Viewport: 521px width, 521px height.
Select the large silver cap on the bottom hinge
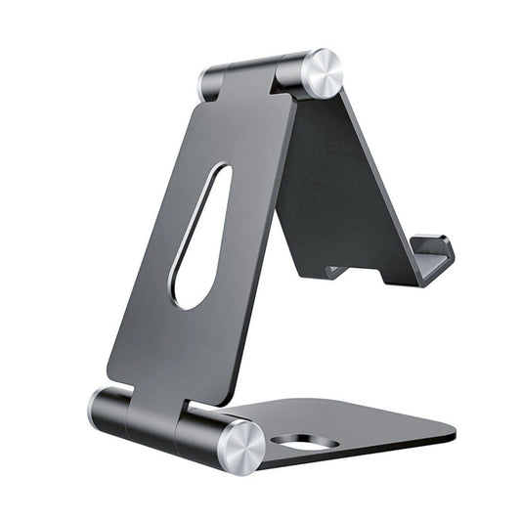pyautogui.click(x=239, y=446)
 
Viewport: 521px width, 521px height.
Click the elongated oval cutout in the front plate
pyautogui.click(x=201, y=236)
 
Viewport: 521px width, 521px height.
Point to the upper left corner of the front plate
pyautogui.click(x=199, y=106)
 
